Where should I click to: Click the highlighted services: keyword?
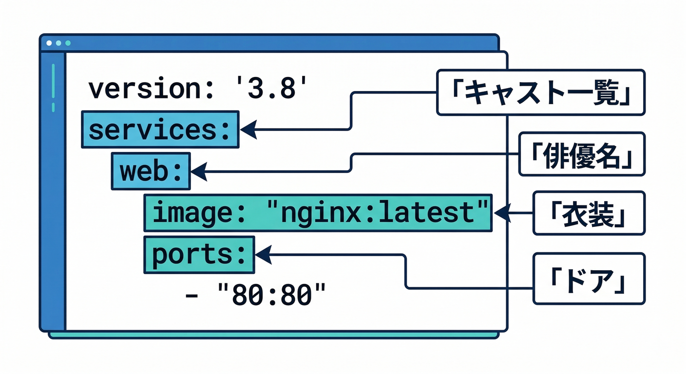point(159,130)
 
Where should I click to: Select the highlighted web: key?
point(151,171)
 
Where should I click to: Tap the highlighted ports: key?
point(199,255)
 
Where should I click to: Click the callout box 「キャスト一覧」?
point(540,93)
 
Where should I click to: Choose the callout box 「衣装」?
point(588,213)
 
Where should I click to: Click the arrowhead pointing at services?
point(248,130)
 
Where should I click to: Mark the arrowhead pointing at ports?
point(263,254)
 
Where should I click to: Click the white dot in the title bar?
point(49,43)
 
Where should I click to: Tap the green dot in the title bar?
point(68,43)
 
